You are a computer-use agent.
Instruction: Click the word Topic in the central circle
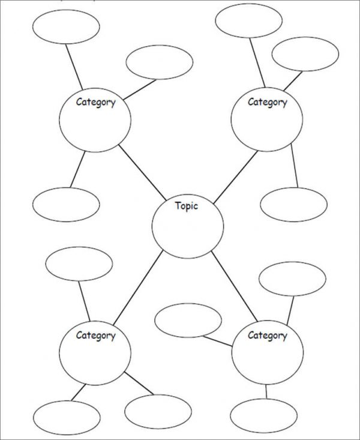click(186, 206)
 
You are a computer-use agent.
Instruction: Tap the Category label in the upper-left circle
click(95, 102)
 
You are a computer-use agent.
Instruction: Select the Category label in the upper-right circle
click(268, 102)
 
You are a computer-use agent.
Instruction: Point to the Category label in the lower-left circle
click(95, 336)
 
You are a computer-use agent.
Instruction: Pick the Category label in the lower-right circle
click(268, 336)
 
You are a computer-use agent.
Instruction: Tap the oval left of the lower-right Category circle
click(188, 321)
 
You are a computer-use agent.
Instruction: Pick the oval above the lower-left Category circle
click(79, 263)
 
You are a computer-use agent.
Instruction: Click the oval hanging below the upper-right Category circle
click(294, 205)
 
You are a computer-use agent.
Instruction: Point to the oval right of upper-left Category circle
click(159, 62)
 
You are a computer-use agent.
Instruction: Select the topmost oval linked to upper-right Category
click(248, 20)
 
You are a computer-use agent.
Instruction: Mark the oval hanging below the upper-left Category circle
click(66, 205)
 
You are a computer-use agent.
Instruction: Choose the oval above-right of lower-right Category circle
click(292, 279)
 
